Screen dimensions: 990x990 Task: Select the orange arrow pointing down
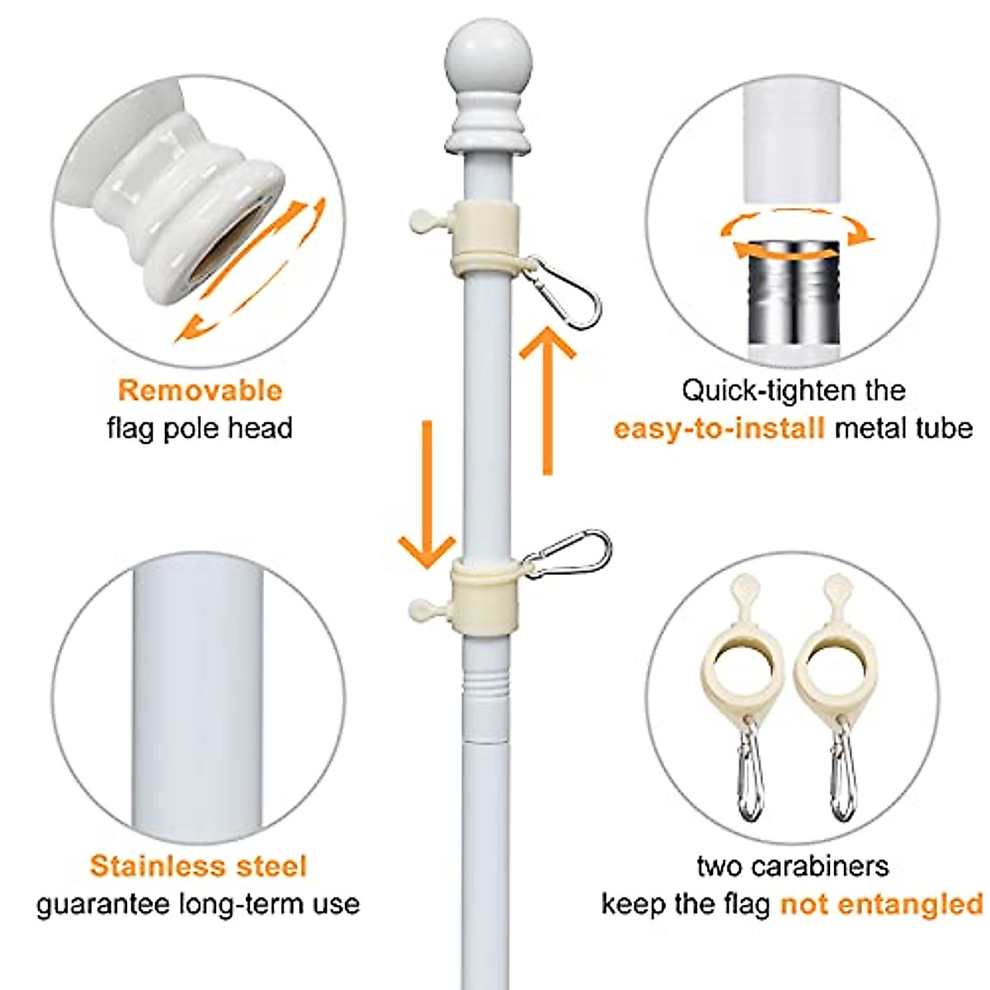(x=427, y=495)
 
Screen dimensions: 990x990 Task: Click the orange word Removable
(x=200, y=390)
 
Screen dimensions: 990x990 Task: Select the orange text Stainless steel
(x=198, y=866)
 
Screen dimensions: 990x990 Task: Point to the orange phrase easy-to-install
(x=719, y=428)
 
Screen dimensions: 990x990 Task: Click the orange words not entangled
(x=881, y=904)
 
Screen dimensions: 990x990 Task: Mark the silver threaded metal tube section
(x=792, y=289)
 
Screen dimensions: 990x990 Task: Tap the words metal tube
(x=903, y=428)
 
